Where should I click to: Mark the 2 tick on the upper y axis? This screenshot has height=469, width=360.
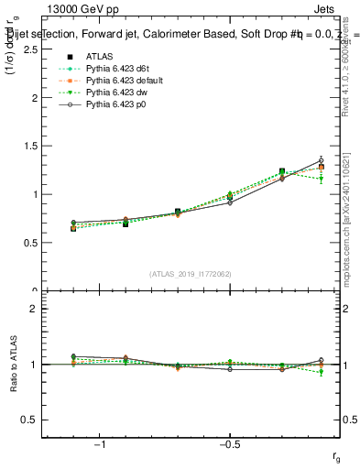35,98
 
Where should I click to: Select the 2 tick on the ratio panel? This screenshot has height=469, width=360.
35,310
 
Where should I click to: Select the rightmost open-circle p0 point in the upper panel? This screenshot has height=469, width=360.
321,160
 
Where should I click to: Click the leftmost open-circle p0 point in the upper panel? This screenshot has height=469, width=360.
73,223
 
